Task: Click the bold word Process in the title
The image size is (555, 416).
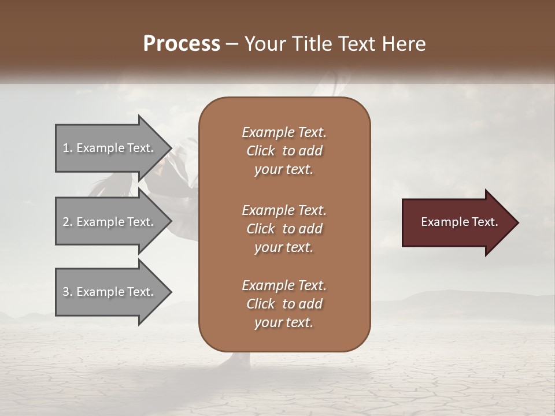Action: pyautogui.click(x=182, y=44)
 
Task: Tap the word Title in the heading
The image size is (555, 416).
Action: pyautogui.click(x=312, y=44)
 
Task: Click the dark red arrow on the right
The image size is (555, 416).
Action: pyautogui.click(x=457, y=222)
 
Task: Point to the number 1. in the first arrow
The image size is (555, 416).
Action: pyautogui.click(x=68, y=148)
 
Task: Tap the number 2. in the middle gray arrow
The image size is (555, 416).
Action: pyautogui.click(x=68, y=222)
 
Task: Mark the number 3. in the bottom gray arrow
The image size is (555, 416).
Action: pyautogui.click(x=68, y=292)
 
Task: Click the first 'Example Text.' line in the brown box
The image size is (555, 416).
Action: pyautogui.click(x=284, y=132)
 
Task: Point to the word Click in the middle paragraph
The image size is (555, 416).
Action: pyautogui.click(x=261, y=229)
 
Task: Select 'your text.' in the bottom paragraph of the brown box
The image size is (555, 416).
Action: pyautogui.click(x=284, y=323)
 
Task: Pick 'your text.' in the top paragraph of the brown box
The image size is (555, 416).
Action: pyautogui.click(x=284, y=170)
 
